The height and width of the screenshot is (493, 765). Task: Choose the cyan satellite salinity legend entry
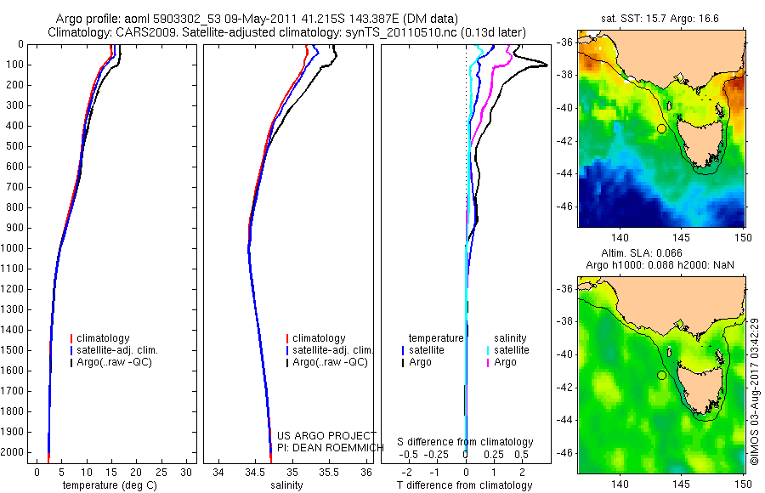click(511, 350)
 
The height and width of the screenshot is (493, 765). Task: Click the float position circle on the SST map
click(661, 128)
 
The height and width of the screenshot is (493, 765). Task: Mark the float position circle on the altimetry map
click(661, 375)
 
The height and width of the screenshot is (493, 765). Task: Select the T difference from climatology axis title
click(464, 485)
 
